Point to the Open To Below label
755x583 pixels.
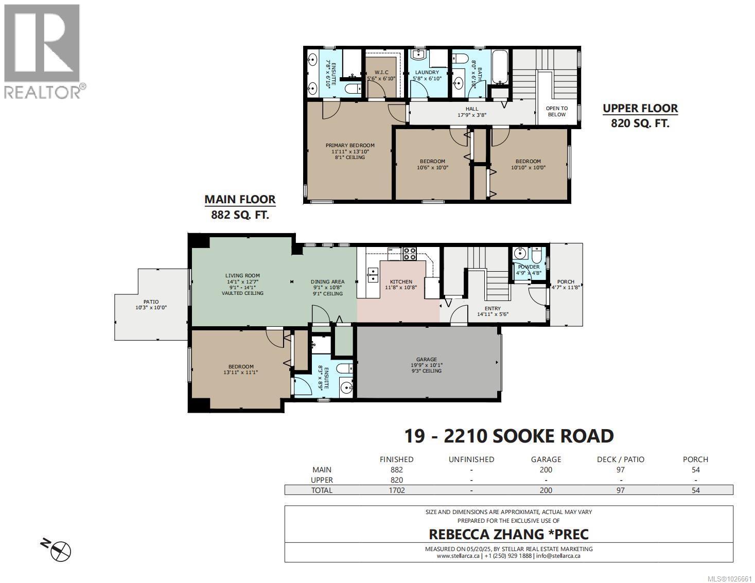[x=557, y=112]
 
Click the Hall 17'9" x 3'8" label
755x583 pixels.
[x=471, y=112]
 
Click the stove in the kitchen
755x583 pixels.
[x=410, y=253]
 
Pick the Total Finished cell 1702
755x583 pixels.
[x=396, y=490]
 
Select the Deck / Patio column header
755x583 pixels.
[x=620, y=460]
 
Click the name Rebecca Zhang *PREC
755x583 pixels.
[x=508, y=534]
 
